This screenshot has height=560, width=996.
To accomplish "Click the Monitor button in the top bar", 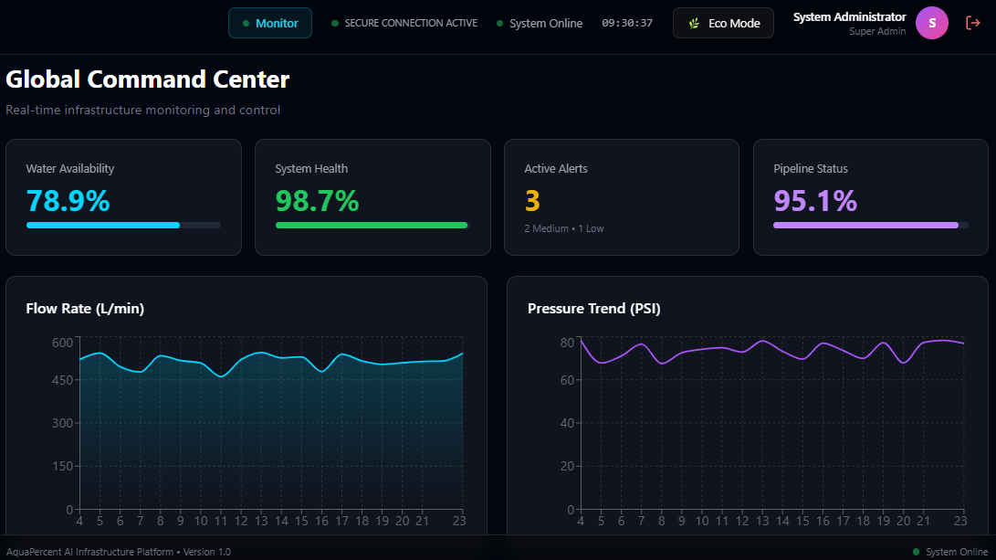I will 269,23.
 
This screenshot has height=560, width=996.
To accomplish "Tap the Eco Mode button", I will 723,23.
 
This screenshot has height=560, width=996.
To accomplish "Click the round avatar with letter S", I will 931,23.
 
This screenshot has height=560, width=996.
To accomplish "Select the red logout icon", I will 972,23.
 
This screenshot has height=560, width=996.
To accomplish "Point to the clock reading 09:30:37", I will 626,23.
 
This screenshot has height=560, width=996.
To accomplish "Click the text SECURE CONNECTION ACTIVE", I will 410,23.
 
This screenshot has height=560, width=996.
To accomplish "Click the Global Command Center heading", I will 148,79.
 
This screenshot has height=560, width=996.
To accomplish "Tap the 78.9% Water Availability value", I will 68,200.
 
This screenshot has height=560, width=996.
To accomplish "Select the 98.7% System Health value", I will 317,200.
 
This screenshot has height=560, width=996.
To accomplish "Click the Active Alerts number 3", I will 532,200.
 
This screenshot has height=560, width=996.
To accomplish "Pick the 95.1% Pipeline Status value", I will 815,200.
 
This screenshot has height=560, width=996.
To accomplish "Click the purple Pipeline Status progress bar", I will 865,225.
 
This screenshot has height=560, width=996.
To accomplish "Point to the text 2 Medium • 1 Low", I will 563,228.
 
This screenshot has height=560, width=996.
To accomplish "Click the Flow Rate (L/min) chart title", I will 85,309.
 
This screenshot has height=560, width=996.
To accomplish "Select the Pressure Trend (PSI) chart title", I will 593,309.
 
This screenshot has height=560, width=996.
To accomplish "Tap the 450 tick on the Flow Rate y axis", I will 62,380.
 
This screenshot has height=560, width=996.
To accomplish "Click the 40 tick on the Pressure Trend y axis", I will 566,423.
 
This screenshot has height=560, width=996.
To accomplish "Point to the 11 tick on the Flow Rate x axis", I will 220,521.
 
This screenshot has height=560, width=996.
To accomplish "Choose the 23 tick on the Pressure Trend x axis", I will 959,521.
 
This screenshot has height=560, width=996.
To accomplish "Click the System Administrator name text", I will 849,16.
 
